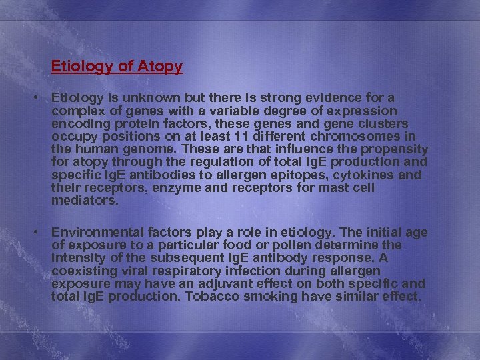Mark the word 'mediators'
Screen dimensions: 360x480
coord(84,200)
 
